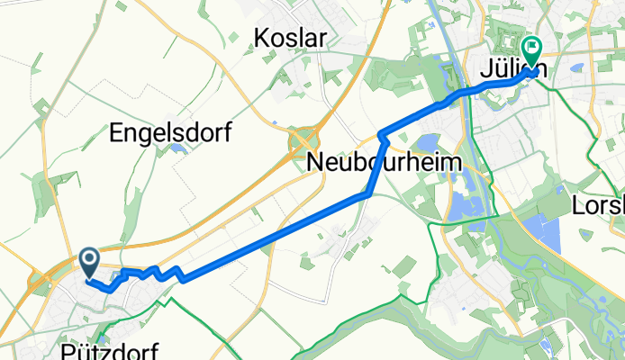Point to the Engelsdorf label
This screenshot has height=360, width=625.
(170, 134)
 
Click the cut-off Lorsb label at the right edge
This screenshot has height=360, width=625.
(598, 206)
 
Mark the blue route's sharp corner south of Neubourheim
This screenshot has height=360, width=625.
(369, 193)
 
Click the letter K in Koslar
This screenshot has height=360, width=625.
(262, 37)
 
